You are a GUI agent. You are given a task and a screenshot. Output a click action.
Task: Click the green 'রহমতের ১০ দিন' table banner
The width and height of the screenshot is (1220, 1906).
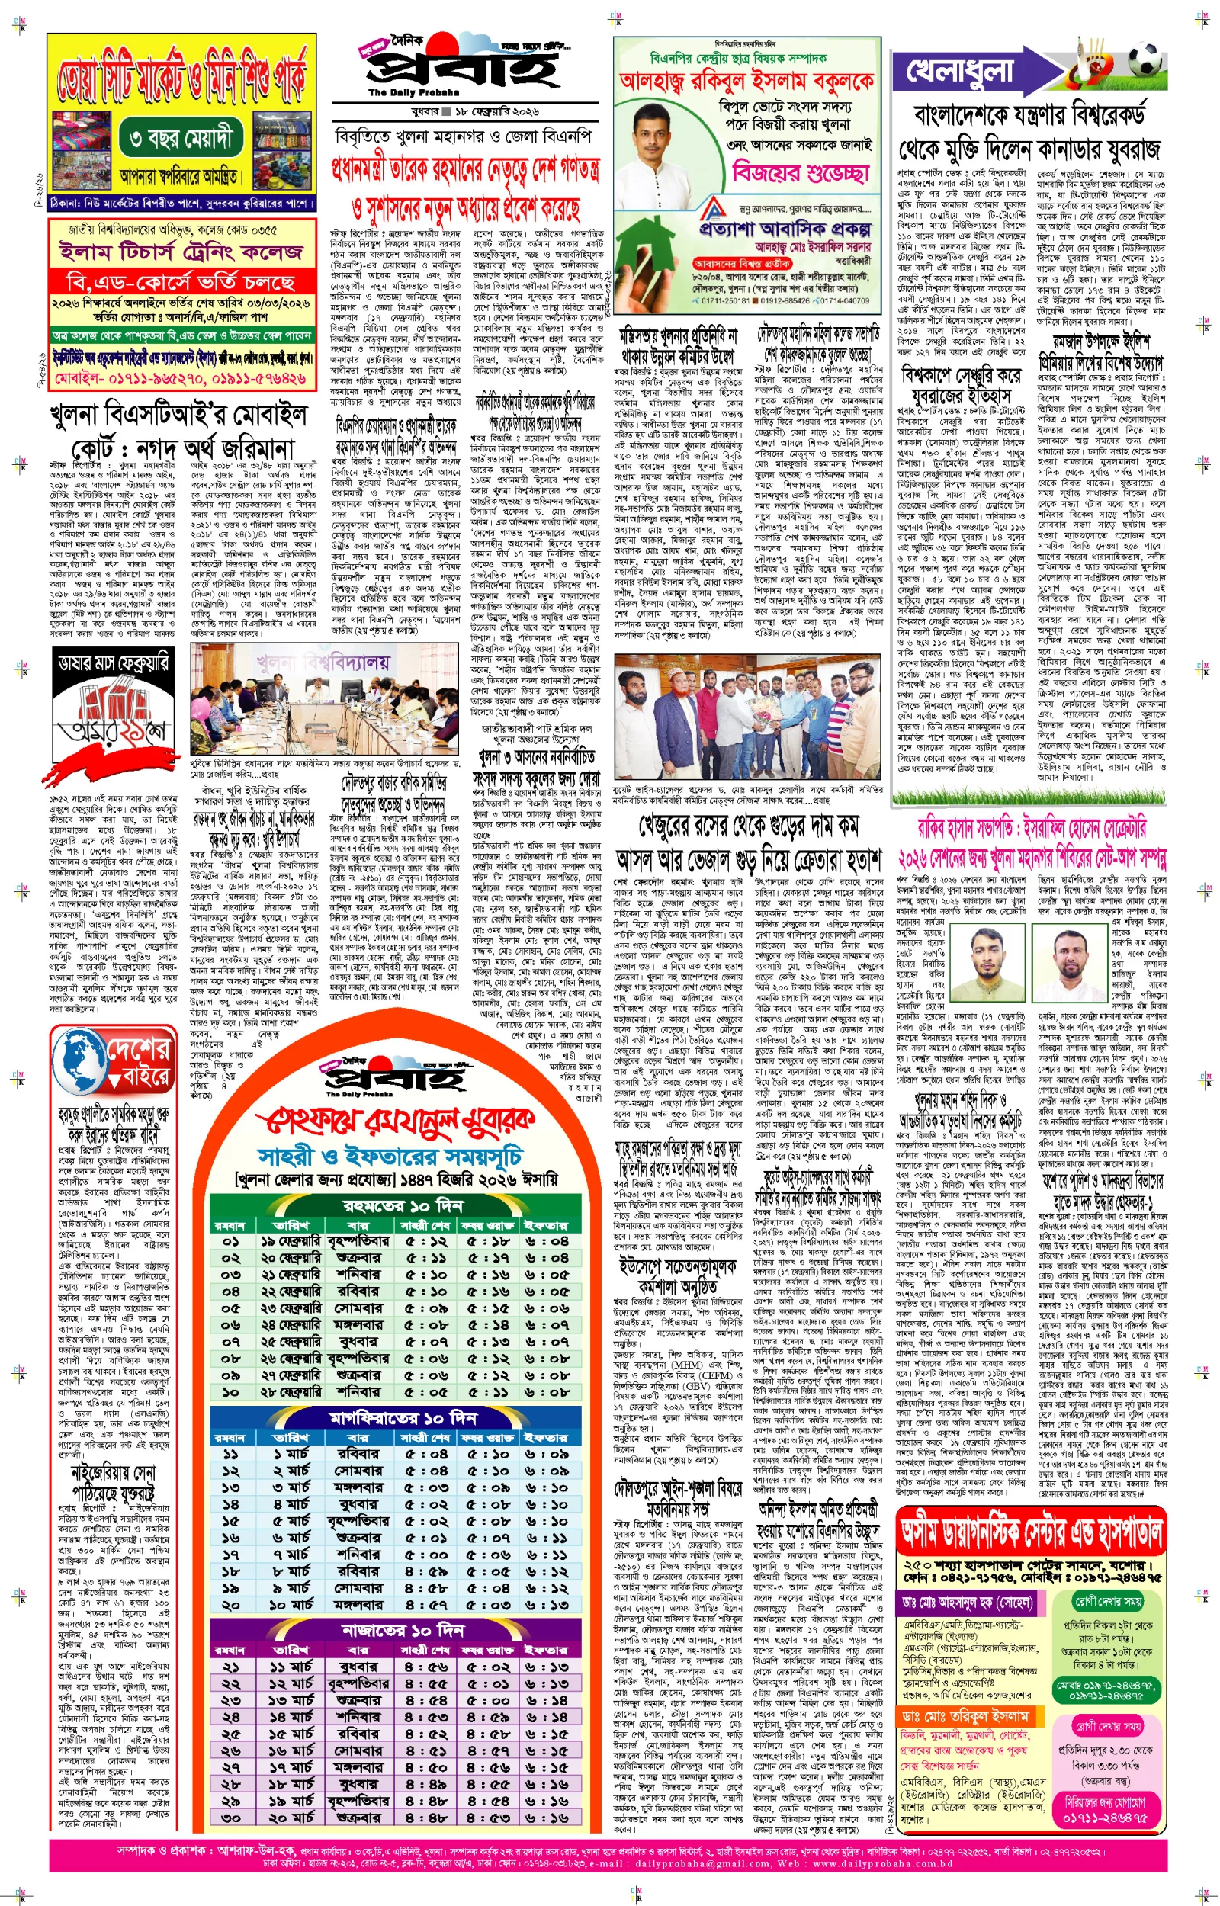tap(403, 1206)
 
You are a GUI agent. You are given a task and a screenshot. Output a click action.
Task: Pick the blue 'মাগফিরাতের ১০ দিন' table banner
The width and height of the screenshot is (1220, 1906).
tap(403, 1417)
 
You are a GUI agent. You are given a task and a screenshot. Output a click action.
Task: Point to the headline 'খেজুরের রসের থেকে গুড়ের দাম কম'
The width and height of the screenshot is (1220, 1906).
tap(749, 827)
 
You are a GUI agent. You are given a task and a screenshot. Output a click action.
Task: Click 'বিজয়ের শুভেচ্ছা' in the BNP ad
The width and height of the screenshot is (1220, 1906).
tap(800, 172)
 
